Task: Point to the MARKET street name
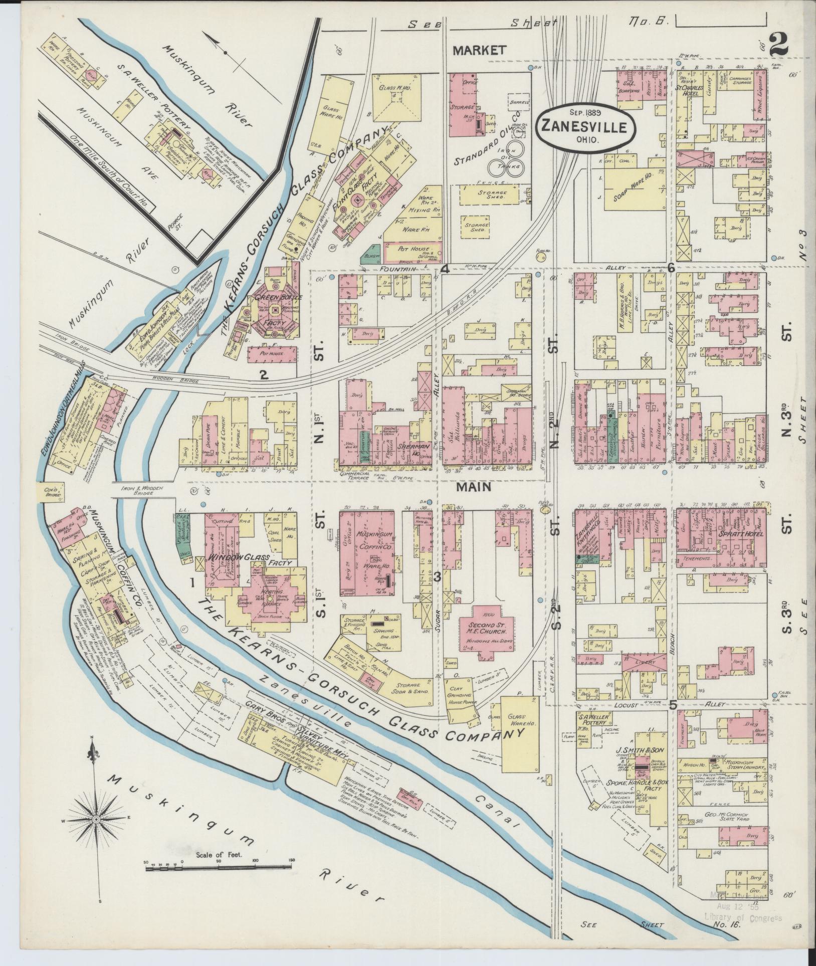pyautogui.click(x=479, y=50)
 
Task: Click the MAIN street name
pyautogui.click(x=474, y=486)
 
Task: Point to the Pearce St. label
pyautogui.click(x=176, y=220)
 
